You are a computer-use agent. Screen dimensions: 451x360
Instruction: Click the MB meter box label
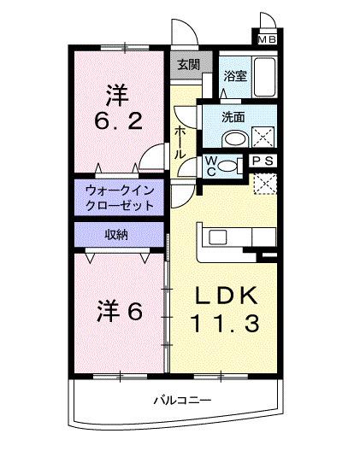(267, 38)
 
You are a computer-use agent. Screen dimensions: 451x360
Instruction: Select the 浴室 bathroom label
(234, 76)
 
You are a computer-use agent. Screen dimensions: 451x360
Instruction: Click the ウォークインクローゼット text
(120, 198)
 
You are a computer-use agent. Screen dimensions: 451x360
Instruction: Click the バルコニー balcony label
(182, 400)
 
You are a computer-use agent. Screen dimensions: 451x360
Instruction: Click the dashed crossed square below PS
(266, 181)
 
